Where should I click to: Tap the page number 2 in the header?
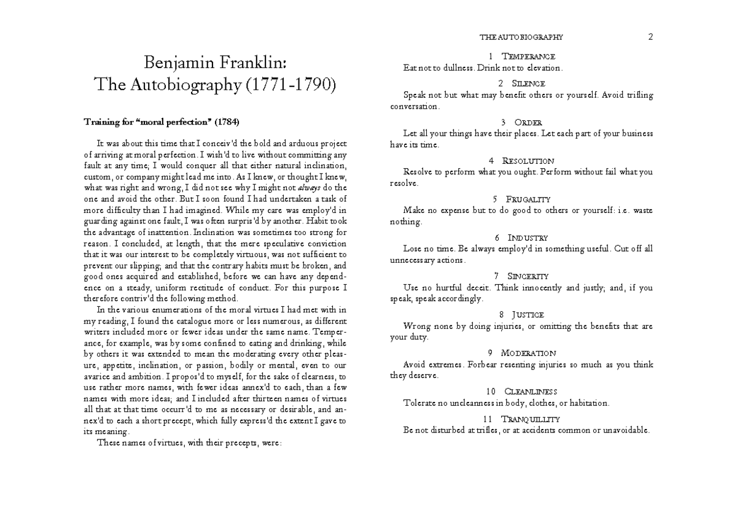point(650,37)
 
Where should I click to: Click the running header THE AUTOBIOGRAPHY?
point(521,37)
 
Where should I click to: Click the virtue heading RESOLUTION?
point(528,161)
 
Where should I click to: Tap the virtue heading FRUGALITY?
point(528,199)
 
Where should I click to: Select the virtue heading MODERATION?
point(528,353)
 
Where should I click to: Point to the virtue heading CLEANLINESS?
point(530,392)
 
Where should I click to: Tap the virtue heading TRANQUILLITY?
point(530,419)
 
